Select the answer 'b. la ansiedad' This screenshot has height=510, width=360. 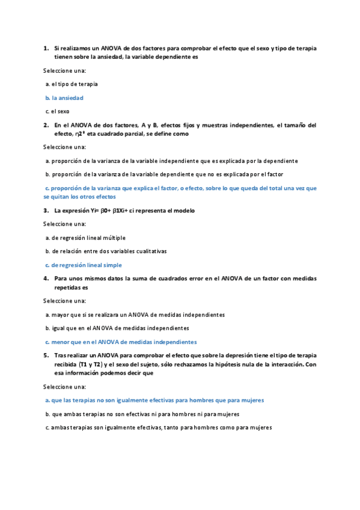click(64, 97)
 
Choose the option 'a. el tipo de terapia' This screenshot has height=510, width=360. click(72, 84)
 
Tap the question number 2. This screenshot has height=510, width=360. click(46, 125)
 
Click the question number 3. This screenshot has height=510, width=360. click(46, 210)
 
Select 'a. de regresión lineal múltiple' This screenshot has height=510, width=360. click(85, 238)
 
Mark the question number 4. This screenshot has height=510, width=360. click(46, 278)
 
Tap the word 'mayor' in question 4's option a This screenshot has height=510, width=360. click(59, 315)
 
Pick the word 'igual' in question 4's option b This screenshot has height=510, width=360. click(58, 328)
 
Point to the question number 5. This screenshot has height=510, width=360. click(46, 355)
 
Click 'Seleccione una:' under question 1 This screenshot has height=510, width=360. click(64, 70)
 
